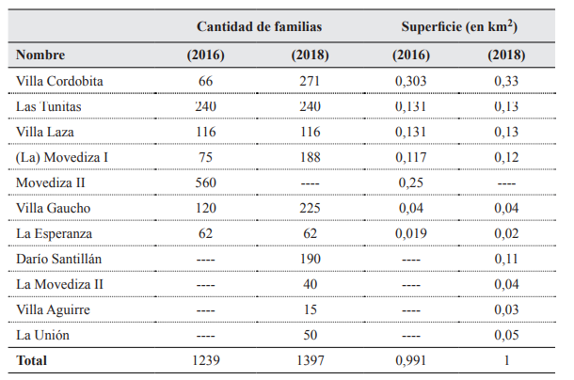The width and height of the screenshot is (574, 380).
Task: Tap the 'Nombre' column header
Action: [x=40, y=55]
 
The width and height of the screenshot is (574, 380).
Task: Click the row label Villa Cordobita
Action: [x=59, y=82]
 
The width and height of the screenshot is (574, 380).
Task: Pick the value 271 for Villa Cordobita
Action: [x=310, y=82]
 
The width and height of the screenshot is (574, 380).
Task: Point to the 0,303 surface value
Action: [x=411, y=82]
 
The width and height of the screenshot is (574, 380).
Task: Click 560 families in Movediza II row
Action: [x=206, y=182]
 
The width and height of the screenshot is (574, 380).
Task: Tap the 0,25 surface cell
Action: [x=411, y=182]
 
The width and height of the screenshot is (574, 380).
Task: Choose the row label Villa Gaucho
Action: [x=52, y=208]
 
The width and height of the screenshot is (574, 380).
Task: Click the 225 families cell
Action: [x=310, y=208]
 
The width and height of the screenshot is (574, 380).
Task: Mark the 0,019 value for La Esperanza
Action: [x=411, y=233]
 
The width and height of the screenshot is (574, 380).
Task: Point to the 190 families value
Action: [x=310, y=259]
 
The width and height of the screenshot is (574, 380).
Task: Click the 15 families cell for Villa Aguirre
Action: [x=310, y=309]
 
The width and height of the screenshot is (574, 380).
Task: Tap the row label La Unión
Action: [x=44, y=334]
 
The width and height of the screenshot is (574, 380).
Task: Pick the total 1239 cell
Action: [x=206, y=360]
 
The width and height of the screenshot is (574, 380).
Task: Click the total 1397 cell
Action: [x=310, y=360]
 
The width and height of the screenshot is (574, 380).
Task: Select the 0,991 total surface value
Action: [x=411, y=360]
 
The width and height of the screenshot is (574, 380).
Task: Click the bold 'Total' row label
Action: [x=32, y=360]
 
